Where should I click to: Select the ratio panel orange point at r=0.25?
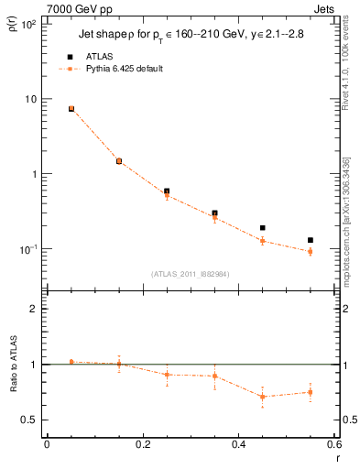pyautogui.click(x=167, y=374)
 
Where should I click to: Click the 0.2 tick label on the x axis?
pyautogui.click(x=142, y=444)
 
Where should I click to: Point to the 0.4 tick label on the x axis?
pyautogui.click(x=238, y=444)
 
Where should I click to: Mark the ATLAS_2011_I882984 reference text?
pyautogui.click(x=190, y=274)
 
